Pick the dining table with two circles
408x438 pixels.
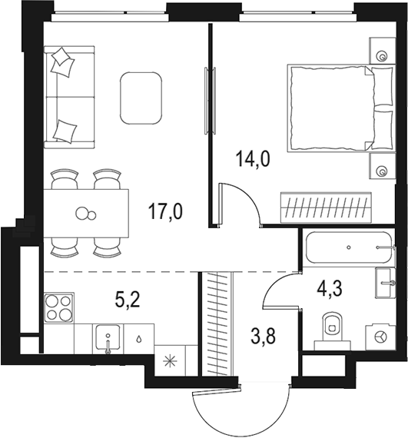click(87, 213)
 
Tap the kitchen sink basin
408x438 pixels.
click(108, 339)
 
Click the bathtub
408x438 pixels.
click(348, 248)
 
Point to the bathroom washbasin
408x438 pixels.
click(385, 284)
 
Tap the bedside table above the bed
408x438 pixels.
click(382, 52)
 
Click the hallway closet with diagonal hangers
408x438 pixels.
click(218, 323)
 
